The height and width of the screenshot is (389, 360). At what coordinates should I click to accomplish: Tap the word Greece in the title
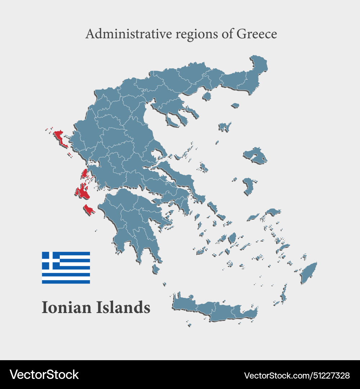(x=256, y=34)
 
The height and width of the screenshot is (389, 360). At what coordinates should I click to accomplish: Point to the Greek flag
(x=66, y=268)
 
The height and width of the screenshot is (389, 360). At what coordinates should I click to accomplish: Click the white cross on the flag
(x=51, y=260)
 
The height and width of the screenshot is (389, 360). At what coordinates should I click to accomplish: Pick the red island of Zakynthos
(x=89, y=209)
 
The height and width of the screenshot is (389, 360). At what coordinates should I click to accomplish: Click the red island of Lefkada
(x=85, y=174)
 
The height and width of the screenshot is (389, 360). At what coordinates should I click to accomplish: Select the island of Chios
(x=248, y=185)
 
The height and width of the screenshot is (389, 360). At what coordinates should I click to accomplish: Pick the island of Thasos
(x=207, y=96)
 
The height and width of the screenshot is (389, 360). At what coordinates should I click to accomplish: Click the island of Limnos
(x=224, y=127)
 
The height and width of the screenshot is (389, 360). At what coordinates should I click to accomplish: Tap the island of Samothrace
(x=235, y=106)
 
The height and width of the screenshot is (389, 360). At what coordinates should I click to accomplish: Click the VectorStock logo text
(x=44, y=375)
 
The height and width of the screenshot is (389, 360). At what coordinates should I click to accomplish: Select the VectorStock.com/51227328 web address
(x=297, y=375)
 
